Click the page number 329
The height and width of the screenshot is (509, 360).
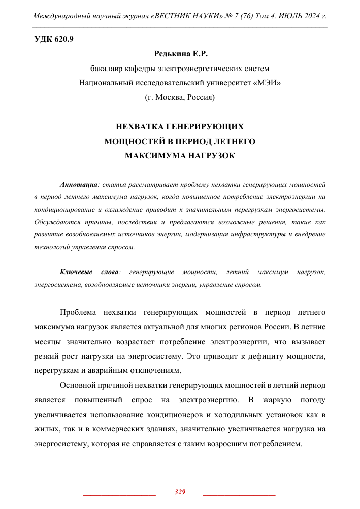(180, 492)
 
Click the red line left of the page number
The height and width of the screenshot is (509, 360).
(119, 494)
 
